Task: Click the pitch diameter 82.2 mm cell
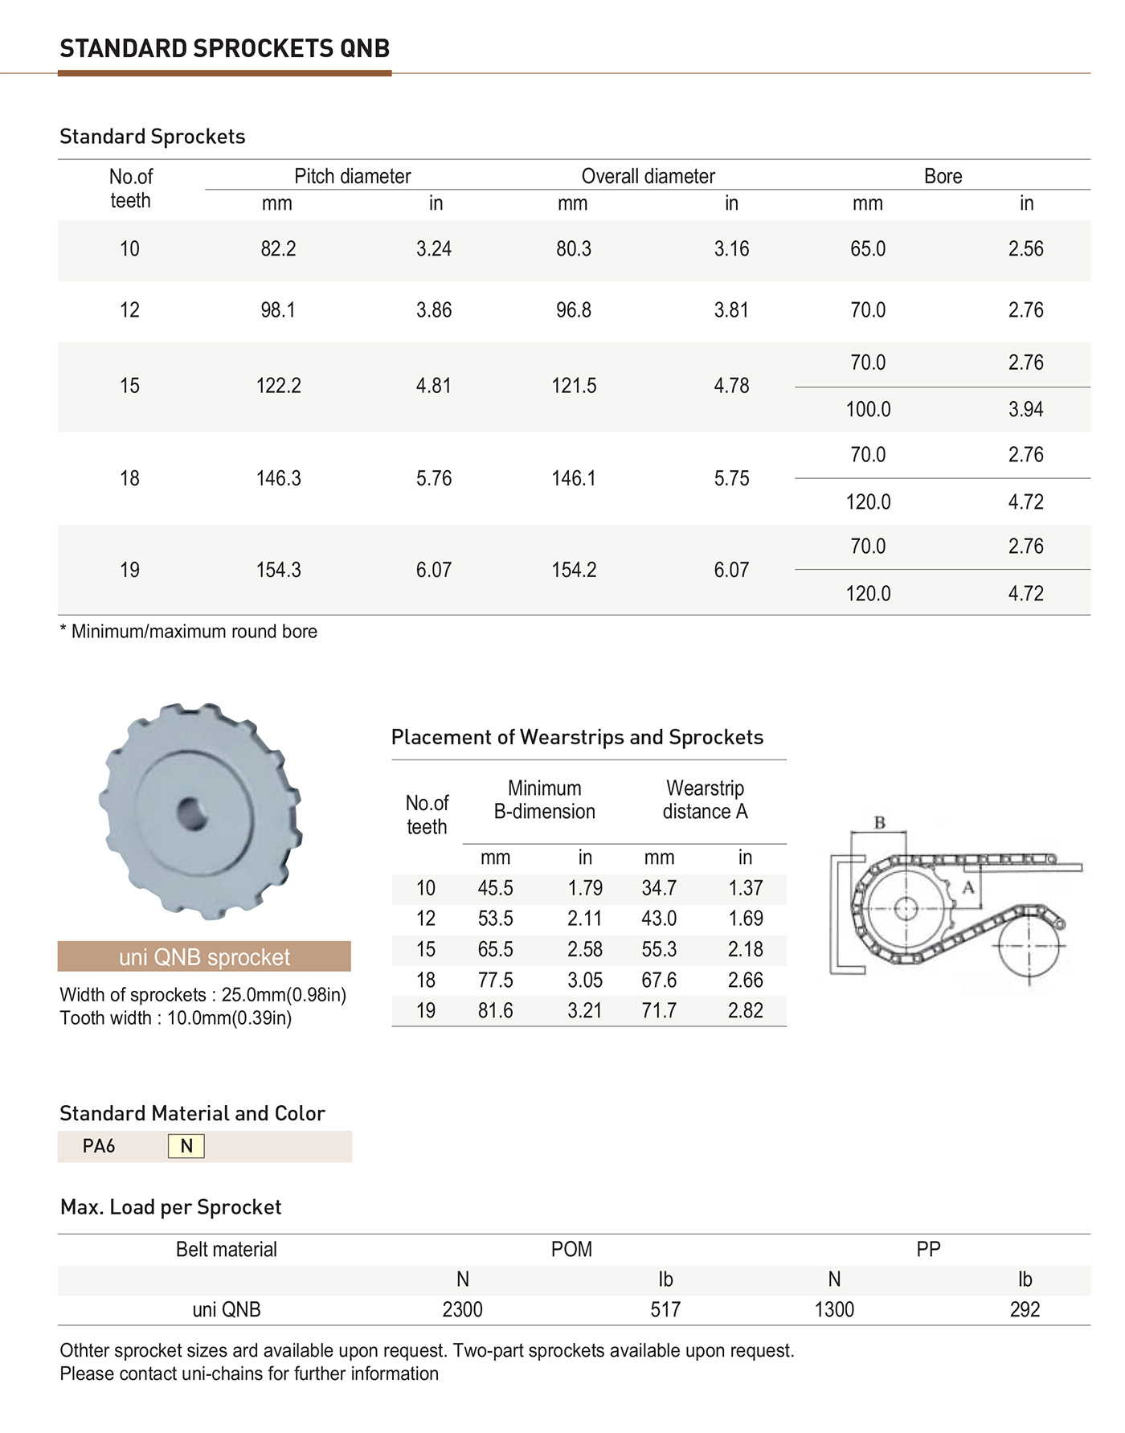coord(278,249)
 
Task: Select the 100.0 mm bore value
coord(868,410)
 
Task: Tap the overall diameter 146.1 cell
coord(574,479)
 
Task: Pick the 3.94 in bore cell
coord(1025,410)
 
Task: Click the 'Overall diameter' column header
coord(648,176)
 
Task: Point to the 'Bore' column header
coord(943,176)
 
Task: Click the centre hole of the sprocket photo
coord(193,814)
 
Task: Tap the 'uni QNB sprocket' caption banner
coord(204,957)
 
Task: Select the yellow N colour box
coord(186,1146)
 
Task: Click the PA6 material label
coord(99,1146)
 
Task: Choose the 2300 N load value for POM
coord(462,1310)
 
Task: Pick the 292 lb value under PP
coord(1025,1310)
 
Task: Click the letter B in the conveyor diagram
coord(880,823)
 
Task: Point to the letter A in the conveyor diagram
coord(968,887)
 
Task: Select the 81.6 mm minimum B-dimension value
coord(495,1011)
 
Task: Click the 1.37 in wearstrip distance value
coord(745,888)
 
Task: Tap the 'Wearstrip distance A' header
coord(705,800)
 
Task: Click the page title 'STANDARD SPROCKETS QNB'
coord(225,49)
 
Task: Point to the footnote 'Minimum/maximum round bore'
coord(190,632)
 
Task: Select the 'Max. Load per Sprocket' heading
coord(171,1207)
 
